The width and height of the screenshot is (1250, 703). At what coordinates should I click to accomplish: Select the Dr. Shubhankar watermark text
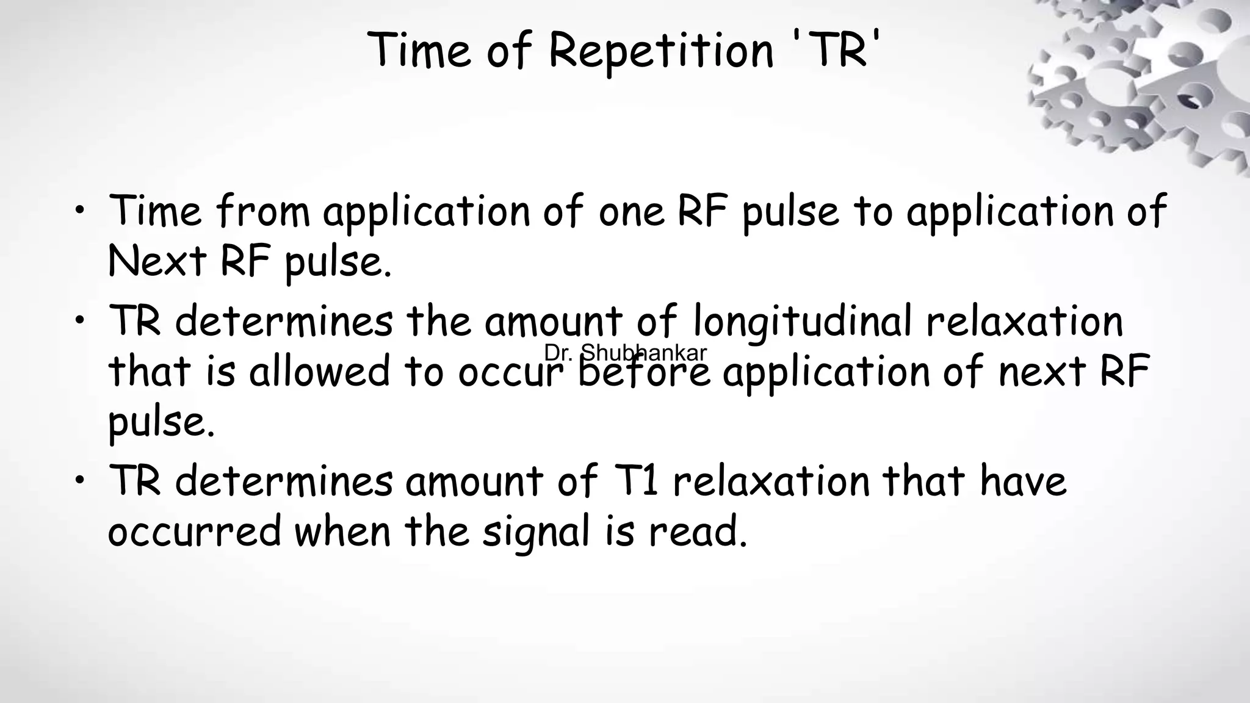tap(625, 353)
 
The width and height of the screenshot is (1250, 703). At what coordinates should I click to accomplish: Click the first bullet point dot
tap(79, 211)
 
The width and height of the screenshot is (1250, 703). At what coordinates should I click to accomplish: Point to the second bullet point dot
tap(79, 322)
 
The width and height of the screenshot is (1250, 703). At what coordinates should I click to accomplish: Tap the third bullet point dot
tap(79, 481)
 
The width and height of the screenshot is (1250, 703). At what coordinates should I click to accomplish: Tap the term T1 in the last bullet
tap(634, 481)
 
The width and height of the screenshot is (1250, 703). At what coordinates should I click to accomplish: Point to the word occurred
tap(195, 531)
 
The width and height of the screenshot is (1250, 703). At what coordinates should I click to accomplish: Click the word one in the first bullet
tap(631, 212)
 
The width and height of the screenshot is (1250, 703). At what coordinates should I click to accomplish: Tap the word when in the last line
tap(342, 531)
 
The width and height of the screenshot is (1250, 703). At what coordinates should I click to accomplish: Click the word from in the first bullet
tap(263, 211)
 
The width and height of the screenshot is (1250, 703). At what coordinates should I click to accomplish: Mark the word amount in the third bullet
tap(474, 481)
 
